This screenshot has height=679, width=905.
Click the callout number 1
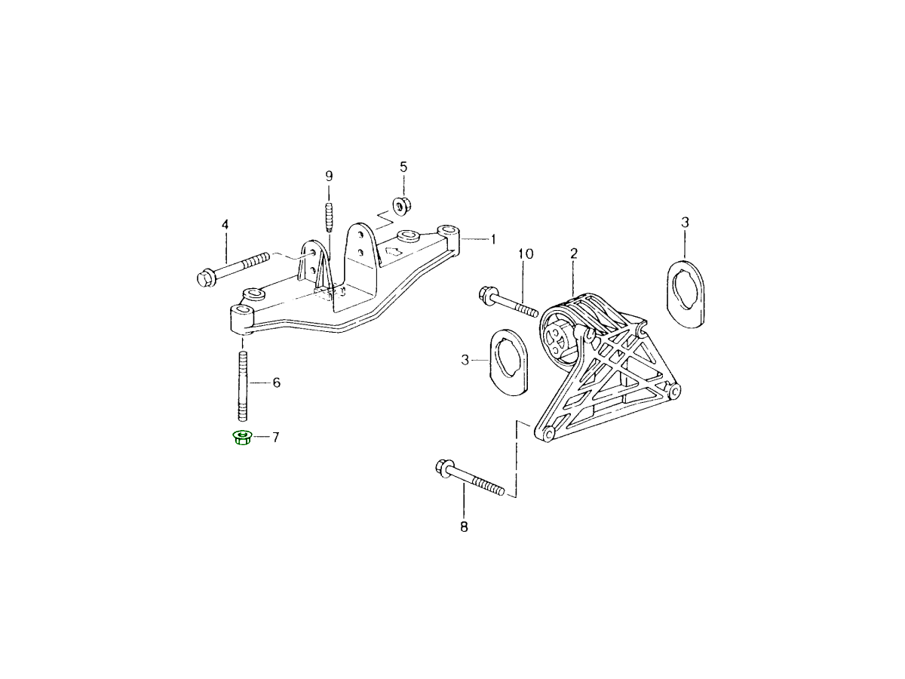[493, 240]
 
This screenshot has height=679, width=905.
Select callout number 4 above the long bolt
[224, 225]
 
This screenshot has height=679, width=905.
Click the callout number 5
[403, 166]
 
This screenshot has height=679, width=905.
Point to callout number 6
[276, 383]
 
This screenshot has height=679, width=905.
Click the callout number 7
[276, 437]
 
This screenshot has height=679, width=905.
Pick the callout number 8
[464, 527]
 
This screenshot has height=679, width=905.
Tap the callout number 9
[329, 176]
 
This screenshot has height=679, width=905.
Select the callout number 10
[525, 253]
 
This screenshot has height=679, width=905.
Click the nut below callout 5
[401, 204]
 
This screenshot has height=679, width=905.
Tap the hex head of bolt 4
[204, 278]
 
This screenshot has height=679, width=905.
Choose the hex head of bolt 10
[486, 294]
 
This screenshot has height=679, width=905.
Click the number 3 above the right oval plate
[685, 223]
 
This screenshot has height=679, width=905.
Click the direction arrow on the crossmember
[393, 252]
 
